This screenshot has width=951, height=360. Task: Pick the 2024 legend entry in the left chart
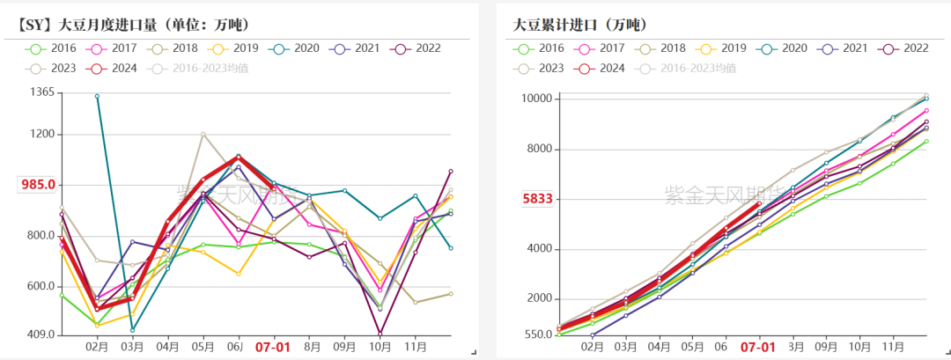pyautogui.click(x=117, y=68)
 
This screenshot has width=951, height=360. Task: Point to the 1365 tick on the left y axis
pyautogui.click(x=41, y=92)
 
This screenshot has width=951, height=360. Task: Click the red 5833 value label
pyautogui.click(x=537, y=199)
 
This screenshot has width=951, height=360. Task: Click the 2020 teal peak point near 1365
pyautogui.click(x=97, y=96)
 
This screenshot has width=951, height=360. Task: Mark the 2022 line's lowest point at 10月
pyautogui.click(x=380, y=334)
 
